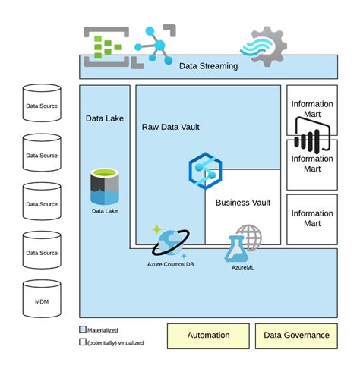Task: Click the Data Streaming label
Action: click(x=208, y=66)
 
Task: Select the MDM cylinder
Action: click(x=42, y=301)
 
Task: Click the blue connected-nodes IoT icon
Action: click(x=154, y=43)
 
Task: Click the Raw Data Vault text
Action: click(x=170, y=127)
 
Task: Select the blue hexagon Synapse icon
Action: click(x=204, y=171)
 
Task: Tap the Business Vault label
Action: click(x=242, y=203)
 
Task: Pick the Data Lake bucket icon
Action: click(x=106, y=187)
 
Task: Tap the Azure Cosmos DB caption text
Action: click(x=171, y=264)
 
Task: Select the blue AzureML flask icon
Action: click(x=237, y=248)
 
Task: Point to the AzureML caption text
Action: click(x=242, y=267)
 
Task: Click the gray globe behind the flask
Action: click(x=249, y=236)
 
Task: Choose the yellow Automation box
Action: click(x=208, y=335)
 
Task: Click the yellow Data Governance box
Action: click(x=296, y=335)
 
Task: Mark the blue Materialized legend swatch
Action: click(x=83, y=330)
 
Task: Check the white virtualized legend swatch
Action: click(x=83, y=342)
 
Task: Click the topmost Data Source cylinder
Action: click(x=42, y=106)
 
